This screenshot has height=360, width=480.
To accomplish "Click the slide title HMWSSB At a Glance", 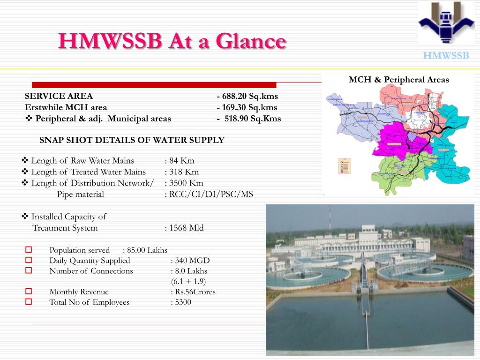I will (x=172, y=41).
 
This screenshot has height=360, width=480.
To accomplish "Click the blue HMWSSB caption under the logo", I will (x=446, y=56).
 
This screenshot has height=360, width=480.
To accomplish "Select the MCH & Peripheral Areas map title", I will (x=398, y=80).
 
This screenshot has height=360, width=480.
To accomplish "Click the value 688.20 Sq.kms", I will (x=249, y=97).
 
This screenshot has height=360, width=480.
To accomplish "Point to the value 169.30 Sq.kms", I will (x=249, y=107).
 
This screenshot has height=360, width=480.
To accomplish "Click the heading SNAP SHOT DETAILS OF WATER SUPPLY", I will (x=132, y=140).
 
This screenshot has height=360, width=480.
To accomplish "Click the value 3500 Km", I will (x=186, y=183).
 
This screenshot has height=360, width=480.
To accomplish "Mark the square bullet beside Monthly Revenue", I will (x=28, y=292).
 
